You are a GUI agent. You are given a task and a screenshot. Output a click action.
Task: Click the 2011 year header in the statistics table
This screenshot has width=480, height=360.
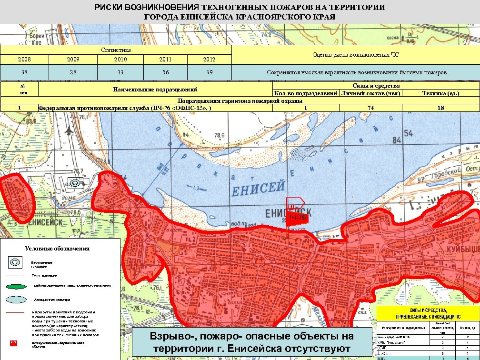tap(165, 60)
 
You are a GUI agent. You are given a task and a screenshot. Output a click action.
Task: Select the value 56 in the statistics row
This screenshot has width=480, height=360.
tap(165, 72)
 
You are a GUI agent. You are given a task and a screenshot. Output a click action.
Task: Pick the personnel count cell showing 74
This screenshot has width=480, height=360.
tap(370, 108)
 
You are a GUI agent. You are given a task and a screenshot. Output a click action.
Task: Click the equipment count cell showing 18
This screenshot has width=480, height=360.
tap(440, 108)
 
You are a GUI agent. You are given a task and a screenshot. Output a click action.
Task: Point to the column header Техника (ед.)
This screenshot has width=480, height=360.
tap(440, 93)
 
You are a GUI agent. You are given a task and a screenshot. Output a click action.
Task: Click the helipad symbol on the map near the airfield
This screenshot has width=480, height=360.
tap(75, 183)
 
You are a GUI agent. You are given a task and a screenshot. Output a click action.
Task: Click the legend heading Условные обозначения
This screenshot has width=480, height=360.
tap(57, 249)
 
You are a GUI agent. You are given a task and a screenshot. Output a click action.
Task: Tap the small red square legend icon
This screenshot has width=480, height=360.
tap(14, 343)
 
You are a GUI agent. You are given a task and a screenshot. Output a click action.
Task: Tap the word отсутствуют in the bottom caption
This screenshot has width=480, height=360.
tap(310, 349)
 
